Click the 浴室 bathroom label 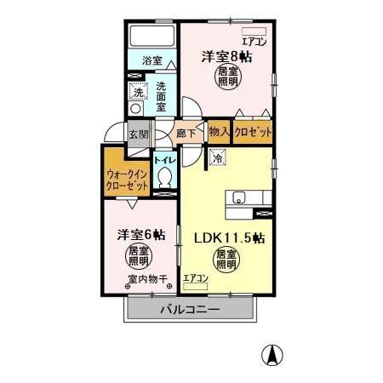click(x=151, y=62)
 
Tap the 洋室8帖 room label click(x=226, y=57)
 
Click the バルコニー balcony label click(x=191, y=311)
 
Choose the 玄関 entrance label click(x=137, y=134)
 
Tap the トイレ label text click(x=164, y=159)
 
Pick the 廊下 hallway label click(x=186, y=134)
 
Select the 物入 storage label click(x=218, y=133)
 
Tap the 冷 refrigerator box click(x=218, y=158)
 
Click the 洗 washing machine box click(x=137, y=92)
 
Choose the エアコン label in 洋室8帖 click(x=254, y=39)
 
